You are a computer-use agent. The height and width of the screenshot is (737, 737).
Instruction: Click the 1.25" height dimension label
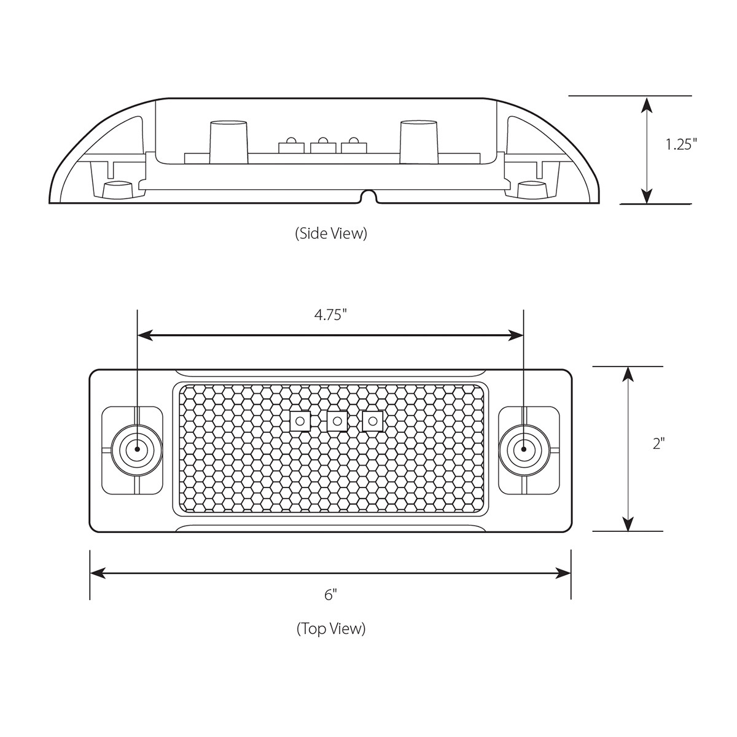click(x=682, y=145)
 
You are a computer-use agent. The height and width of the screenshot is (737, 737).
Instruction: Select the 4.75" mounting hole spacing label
click(x=330, y=315)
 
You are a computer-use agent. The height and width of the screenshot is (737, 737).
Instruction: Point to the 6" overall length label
click(x=331, y=594)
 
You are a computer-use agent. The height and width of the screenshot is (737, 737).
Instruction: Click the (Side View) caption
click(x=330, y=233)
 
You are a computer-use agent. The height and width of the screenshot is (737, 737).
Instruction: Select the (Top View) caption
click(x=331, y=628)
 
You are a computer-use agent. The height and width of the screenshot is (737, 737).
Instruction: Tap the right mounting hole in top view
click(x=523, y=450)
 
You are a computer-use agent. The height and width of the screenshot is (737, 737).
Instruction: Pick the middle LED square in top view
click(x=336, y=421)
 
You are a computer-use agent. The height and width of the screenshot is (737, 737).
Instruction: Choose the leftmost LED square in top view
click(x=300, y=421)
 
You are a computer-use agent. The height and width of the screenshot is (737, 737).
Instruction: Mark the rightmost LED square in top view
click(x=372, y=421)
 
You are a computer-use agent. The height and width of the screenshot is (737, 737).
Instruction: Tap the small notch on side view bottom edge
click(x=368, y=197)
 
